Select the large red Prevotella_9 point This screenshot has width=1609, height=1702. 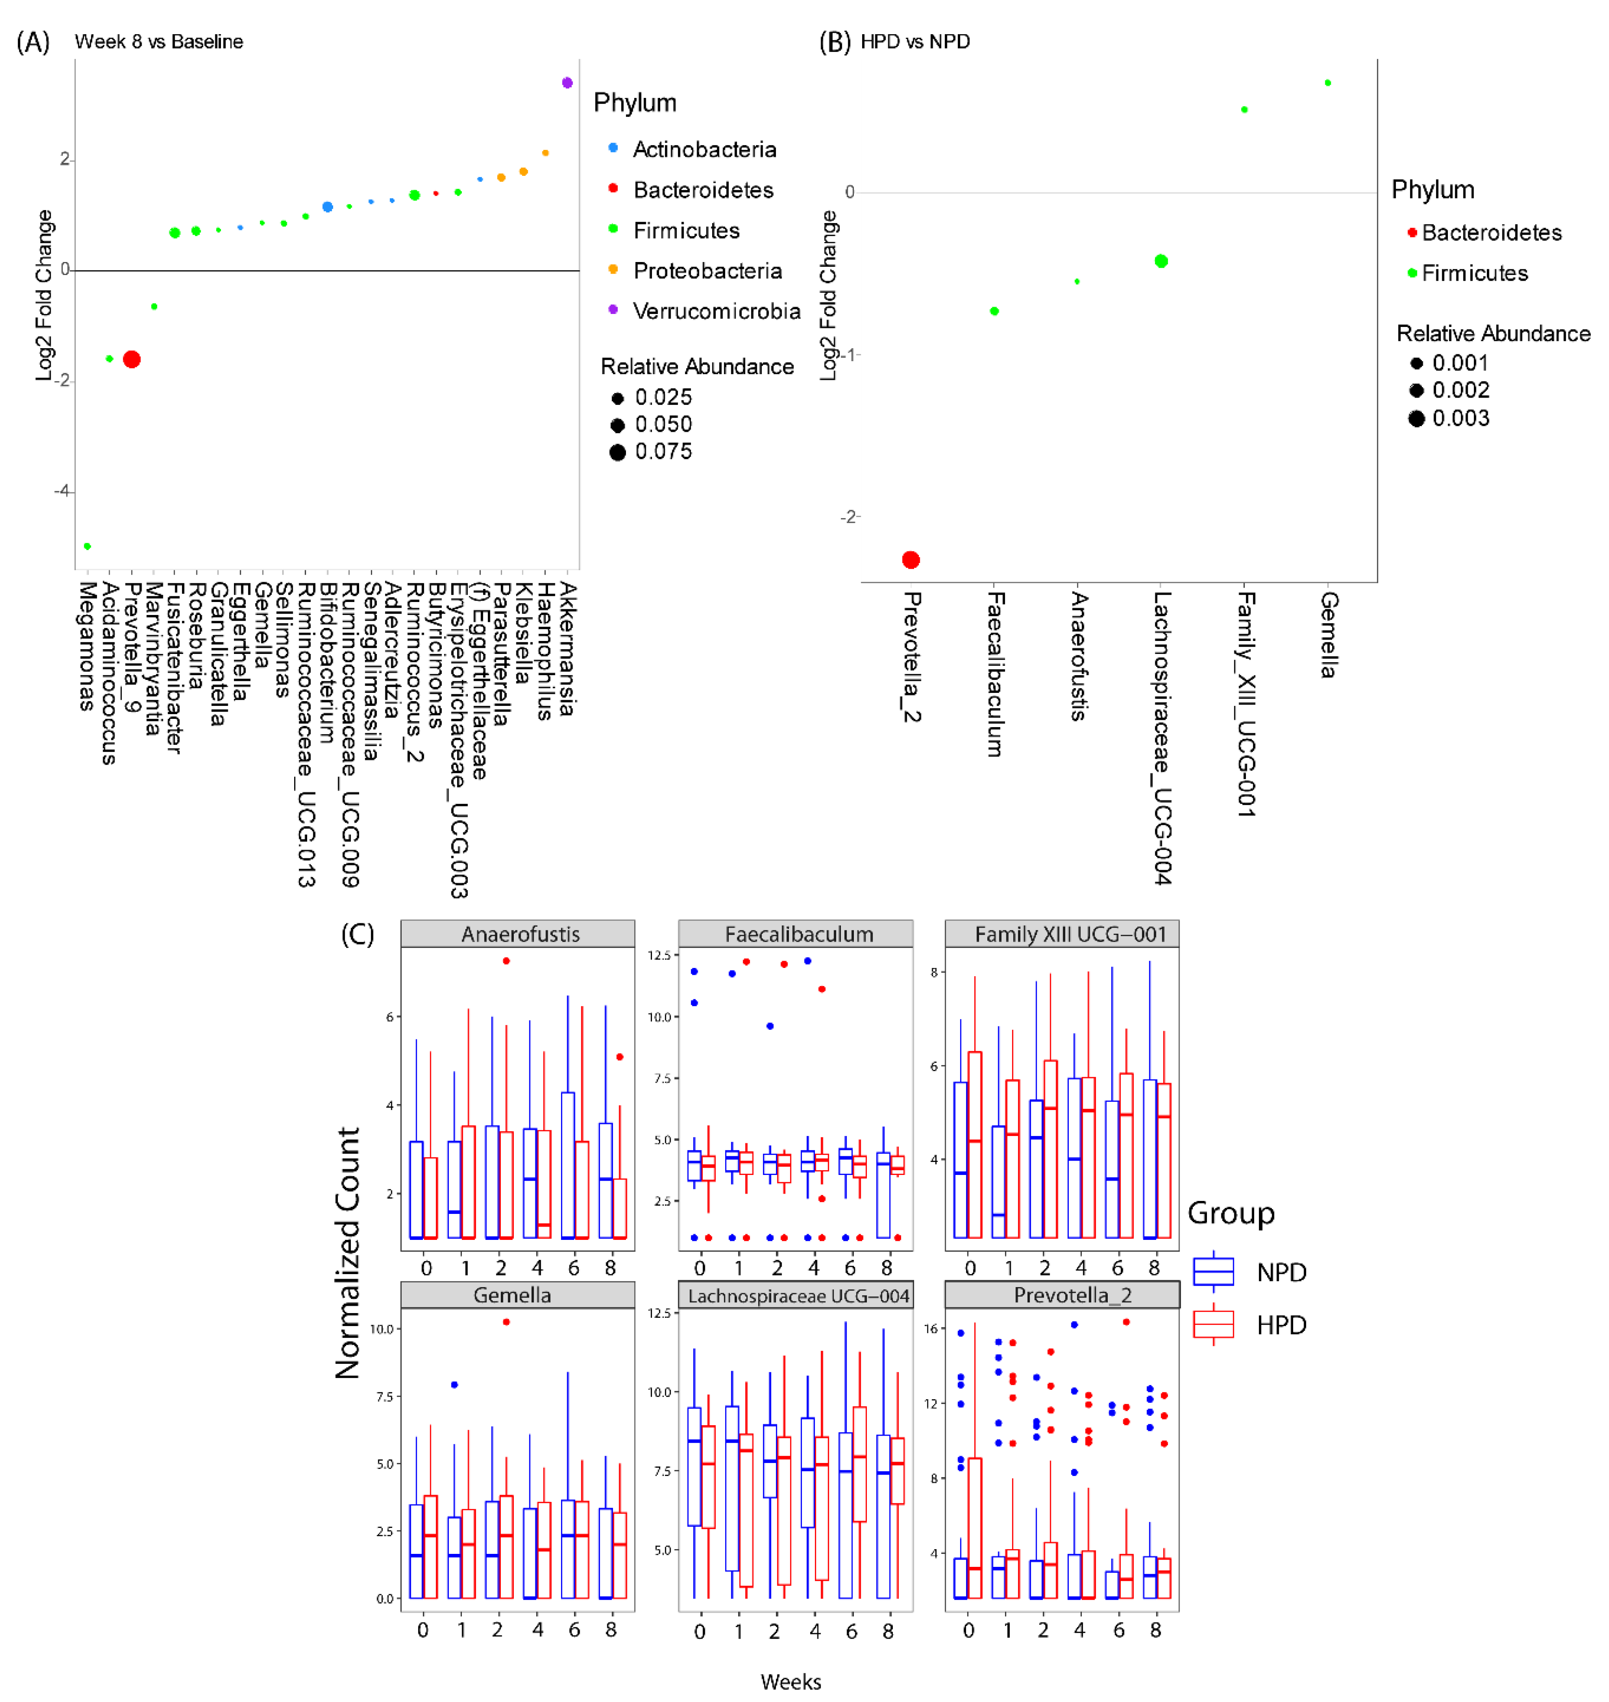pyautogui.click(x=131, y=359)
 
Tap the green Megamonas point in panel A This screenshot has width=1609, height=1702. pyautogui.click(x=88, y=546)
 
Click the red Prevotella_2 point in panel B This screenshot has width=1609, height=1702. pyautogui.click(x=911, y=560)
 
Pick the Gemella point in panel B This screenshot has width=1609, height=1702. pyautogui.click(x=1328, y=83)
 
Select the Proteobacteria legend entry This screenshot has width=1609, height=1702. pyautogui.click(x=707, y=271)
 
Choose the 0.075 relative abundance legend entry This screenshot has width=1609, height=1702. pyautogui.click(x=662, y=452)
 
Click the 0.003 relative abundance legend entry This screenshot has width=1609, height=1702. pyautogui.click(x=1460, y=418)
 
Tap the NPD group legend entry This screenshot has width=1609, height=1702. pyautogui.click(x=1281, y=1272)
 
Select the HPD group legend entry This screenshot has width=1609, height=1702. pyautogui.click(x=1281, y=1325)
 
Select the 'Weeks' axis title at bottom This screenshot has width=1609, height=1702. pyautogui.click(x=791, y=1681)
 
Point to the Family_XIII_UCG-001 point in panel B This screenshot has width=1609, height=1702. pyautogui.click(x=1245, y=110)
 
